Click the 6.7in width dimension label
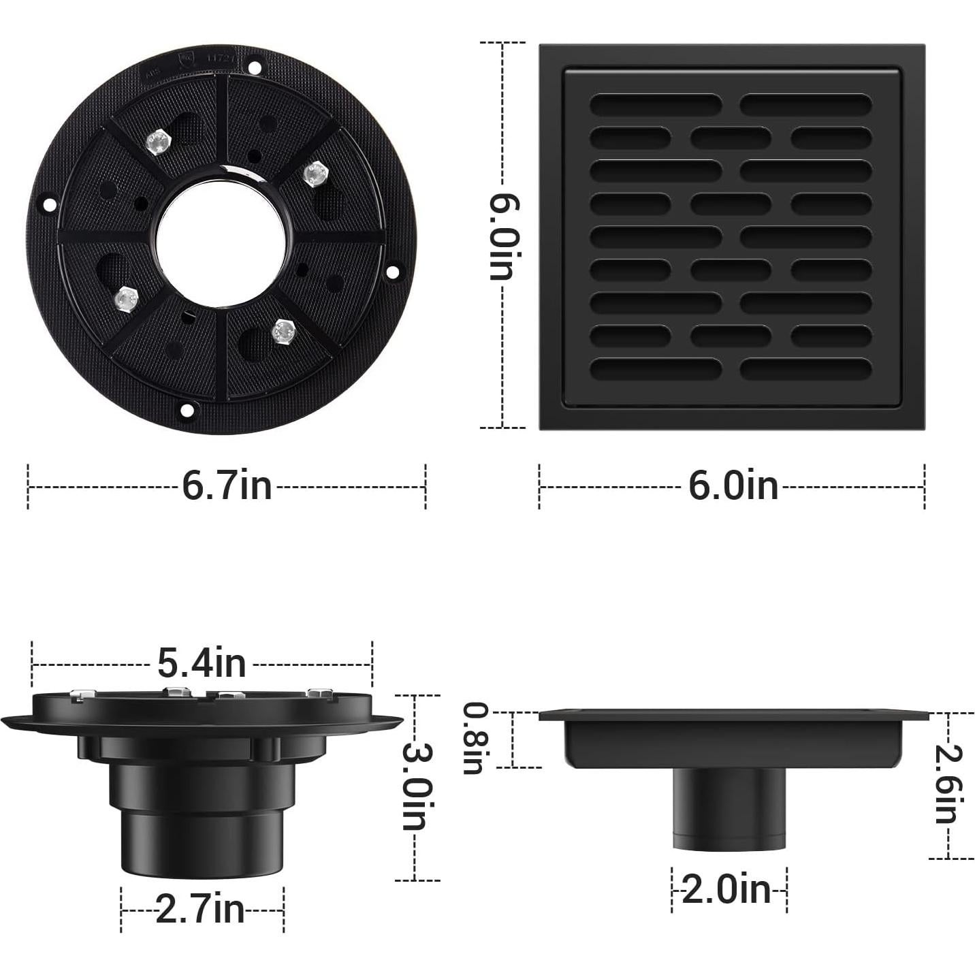(227, 486)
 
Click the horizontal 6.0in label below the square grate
(733, 486)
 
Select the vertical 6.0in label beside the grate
(505, 236)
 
